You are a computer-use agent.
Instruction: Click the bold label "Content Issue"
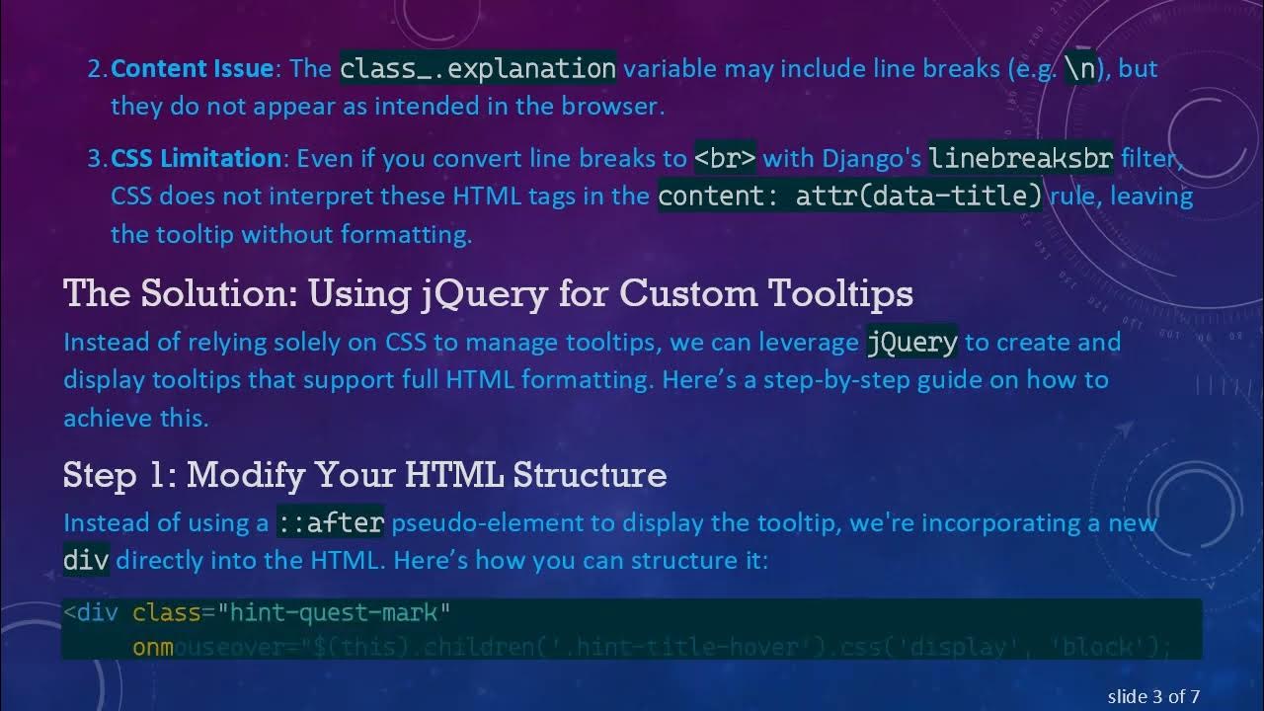192,68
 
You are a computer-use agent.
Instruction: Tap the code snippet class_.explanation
478,68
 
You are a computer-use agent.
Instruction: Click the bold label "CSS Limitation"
197,158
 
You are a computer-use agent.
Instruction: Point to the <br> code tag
725,158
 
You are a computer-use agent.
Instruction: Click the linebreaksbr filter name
1021,158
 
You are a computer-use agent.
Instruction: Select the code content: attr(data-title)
849,196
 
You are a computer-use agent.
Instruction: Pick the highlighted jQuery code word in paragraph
911,342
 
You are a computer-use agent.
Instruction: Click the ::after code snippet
330,522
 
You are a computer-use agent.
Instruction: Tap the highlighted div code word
86,560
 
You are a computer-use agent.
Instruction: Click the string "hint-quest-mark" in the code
340,613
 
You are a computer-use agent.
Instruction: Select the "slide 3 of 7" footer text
1153,696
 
